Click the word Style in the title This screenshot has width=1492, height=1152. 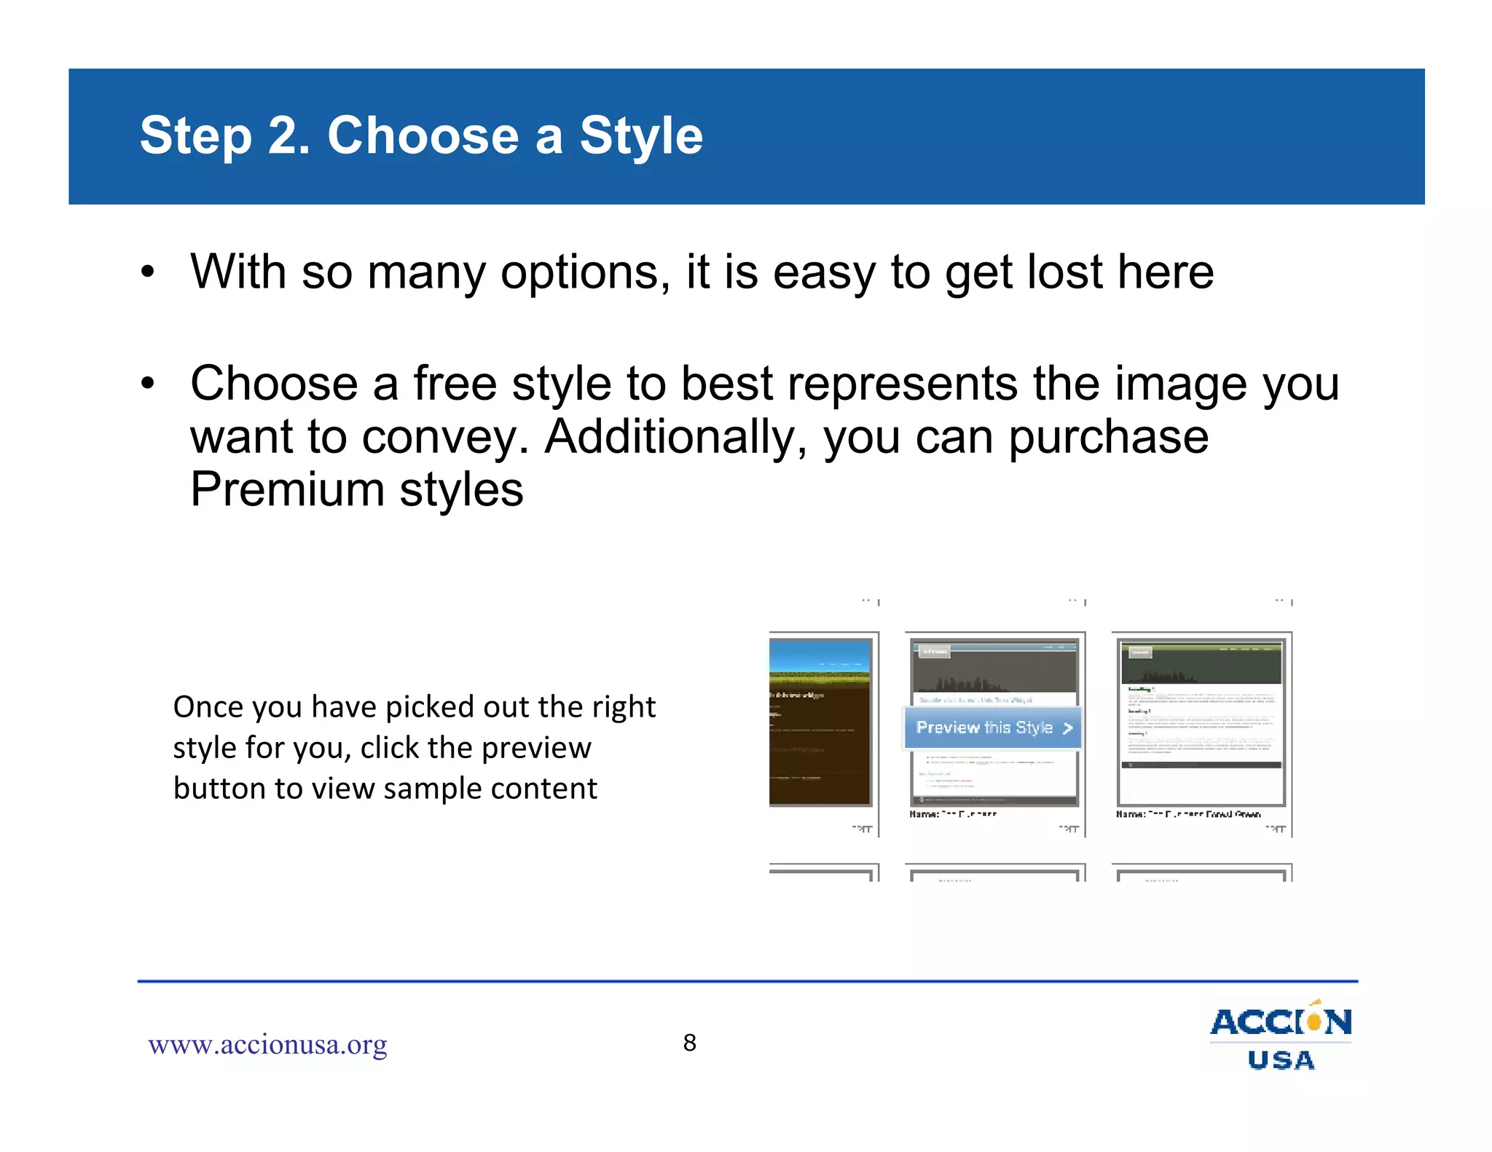tap(641, 136)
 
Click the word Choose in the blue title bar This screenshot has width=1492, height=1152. tap(423, 136)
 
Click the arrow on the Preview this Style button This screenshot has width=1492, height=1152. tap(1068, 728)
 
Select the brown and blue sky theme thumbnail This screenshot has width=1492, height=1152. tap(820, 722)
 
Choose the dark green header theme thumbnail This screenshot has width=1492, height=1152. tap(1201, 722)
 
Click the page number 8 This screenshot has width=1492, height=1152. tap(689, 1043)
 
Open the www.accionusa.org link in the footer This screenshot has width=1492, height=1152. tap(267, 1045)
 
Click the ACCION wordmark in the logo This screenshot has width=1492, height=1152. tap(1280, 1022)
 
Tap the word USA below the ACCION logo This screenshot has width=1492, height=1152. tap(1281, 1060)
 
